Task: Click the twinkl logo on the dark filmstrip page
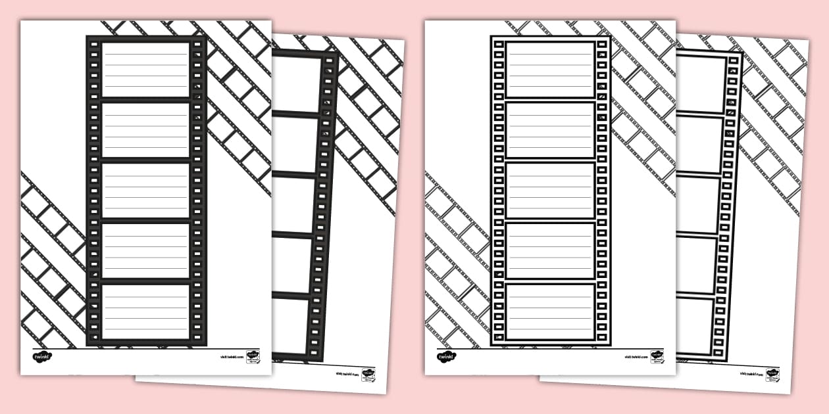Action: tap(42, 357)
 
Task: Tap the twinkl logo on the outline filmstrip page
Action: tap(446, 357)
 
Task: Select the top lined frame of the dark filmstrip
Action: tap(145, 69)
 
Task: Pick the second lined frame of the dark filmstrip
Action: tap(145, 130)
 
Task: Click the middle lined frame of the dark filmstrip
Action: tap(145, 191)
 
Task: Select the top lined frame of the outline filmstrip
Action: tap(550, 69)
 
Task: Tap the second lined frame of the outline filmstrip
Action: tap(550, 130)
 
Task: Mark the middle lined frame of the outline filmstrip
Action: tap(550, 191)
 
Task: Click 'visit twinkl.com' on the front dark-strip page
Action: tap(232, 357)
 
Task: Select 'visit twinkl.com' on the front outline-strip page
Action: tap(636, 357)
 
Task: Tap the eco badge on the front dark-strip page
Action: tap(253, 357)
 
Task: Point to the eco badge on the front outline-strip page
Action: tap(657, 357)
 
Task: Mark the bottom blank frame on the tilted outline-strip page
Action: tap(695, 325)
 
